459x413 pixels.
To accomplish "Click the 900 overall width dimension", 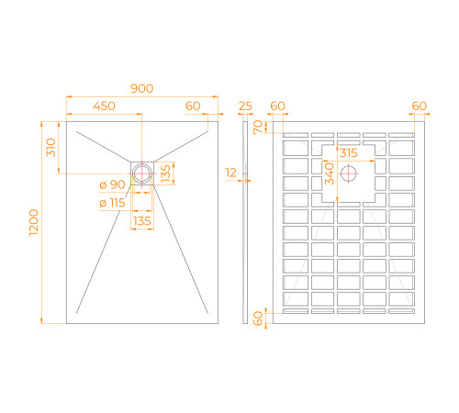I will tap(141, 88).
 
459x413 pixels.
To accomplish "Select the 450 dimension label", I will tap(104, 106).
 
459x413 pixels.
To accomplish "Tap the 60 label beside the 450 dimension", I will tap(193, 106).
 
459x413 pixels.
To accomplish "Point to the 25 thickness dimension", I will tap(245, 106).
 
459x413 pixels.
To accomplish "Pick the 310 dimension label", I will tap(52, 146).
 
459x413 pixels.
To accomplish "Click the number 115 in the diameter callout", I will tap(117, 203).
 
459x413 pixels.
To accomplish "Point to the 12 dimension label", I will tap(232, 172).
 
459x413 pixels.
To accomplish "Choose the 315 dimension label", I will tap(348, 152).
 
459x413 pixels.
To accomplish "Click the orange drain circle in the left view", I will tap(142, 172).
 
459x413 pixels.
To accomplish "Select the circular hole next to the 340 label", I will tap(349, 173).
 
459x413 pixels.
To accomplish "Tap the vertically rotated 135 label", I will tap(164, 172).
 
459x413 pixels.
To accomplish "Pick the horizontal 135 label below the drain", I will tap(142, 221).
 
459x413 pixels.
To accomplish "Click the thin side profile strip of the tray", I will tap(245, 220).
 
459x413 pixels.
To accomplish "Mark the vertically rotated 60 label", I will tap(258, 318).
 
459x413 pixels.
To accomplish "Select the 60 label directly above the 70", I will tap(278, 106).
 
